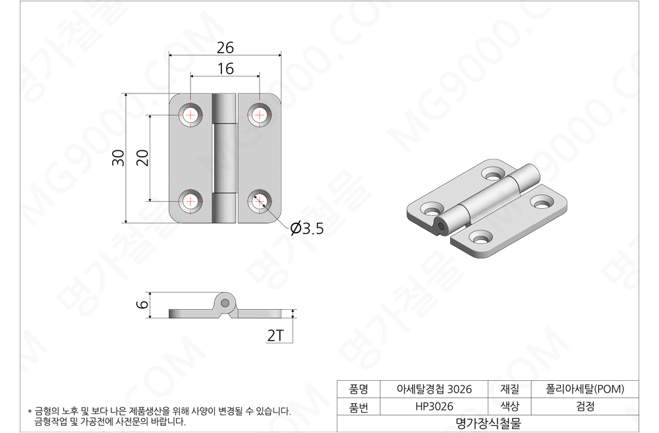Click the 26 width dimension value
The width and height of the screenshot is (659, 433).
225,48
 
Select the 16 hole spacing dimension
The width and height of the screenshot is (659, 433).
225,69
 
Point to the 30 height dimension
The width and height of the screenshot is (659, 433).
119,158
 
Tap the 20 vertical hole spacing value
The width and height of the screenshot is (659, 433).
143,158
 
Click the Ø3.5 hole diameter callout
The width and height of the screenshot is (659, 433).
307,229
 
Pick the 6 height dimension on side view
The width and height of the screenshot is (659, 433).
142,304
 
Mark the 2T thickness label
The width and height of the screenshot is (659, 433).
275,335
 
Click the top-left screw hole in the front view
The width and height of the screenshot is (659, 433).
191,115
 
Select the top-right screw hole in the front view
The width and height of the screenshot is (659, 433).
259,115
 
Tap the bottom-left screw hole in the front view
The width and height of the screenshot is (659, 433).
191,202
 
